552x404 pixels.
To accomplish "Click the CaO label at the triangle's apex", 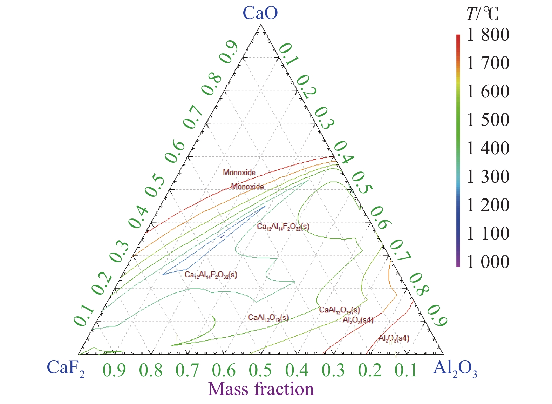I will click(x=260, y=13).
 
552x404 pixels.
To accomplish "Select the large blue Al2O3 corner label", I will click(x=455, y=369).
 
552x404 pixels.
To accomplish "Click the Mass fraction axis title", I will click(x=261, y=389).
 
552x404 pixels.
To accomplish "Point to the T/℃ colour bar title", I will click(x=483, y=14).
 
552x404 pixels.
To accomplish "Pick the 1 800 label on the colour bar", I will click(x=488, y=35).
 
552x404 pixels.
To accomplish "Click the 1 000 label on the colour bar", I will click(x=488, y=262).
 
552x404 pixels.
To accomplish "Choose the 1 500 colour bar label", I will click(x=488, y=120).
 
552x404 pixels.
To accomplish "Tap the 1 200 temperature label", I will click(x=488, y=205).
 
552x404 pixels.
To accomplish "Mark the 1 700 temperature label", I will click(x=488, y=63).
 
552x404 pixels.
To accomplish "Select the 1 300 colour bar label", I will click(x=488, y=177).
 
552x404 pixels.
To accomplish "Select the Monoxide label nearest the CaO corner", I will click(x=239, y=172).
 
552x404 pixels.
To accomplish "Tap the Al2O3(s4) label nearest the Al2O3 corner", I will click(x=394, y=338).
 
